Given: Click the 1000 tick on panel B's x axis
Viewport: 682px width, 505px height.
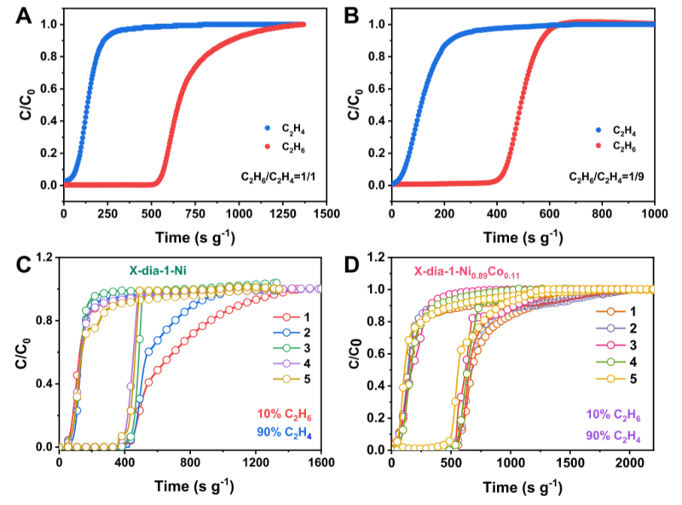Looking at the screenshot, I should [x=653, y=217].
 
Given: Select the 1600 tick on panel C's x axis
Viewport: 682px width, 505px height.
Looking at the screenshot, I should [x=321, y=464].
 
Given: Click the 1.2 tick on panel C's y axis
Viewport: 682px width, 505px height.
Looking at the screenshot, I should [x=43, y=257].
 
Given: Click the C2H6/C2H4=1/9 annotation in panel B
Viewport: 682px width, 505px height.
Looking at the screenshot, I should [x=605, y=177].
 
